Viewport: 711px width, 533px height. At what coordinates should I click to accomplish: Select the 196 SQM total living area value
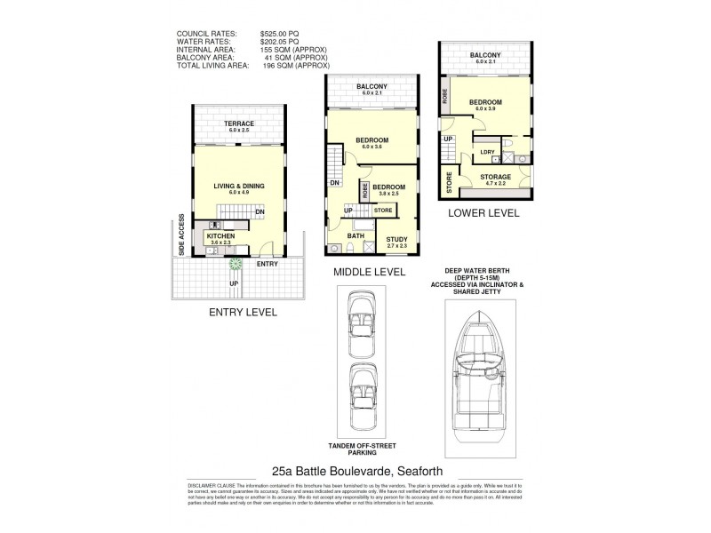pyautogui.click(x=296, y=65)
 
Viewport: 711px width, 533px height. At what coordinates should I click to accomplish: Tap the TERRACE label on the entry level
pyautogui.click(x=239, y=123)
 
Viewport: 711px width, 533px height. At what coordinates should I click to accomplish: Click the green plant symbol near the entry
pyautogui.click(x=236, y=263)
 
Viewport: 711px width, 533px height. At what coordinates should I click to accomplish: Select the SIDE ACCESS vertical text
pyautogui.click(x=181, y=235)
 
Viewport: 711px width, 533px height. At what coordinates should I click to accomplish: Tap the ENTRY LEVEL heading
pyautogui.click(x=243, y=312)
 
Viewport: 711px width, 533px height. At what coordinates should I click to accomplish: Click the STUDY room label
pyautogui.click(x=396, y=237)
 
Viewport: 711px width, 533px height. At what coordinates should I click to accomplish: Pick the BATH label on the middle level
pyautogui.click(x=355, y=235)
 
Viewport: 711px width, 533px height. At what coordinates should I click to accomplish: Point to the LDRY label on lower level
pyautogui.click(x=487, y=152)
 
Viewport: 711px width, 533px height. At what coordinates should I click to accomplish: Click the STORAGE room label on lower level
pyautogui.click(x=496, y=177)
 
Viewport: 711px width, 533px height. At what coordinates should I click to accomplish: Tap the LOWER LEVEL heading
pyautogui.click(x=483, y=214)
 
